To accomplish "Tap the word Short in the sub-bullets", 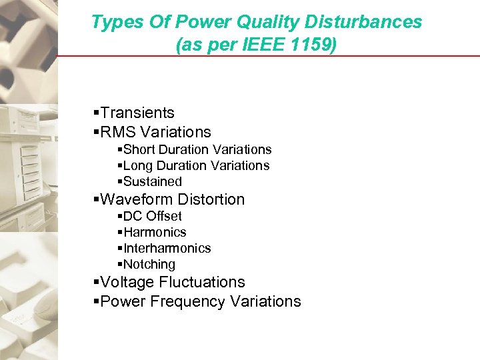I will tap(139, 150).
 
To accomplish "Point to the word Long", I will tap(138, 165).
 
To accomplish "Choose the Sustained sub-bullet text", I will tap(153, 181).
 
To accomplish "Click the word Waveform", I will tap(133, 199).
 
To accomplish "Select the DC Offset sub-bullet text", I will tap(153, 216).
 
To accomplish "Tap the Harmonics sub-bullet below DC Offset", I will tap(155, 232).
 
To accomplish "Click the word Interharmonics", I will tap(167, 248).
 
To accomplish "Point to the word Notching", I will tap(149, 264).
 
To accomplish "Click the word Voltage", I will tap(125, 283).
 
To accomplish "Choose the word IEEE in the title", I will tap(263, 45).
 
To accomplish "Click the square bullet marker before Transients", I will tap(97, 113).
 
